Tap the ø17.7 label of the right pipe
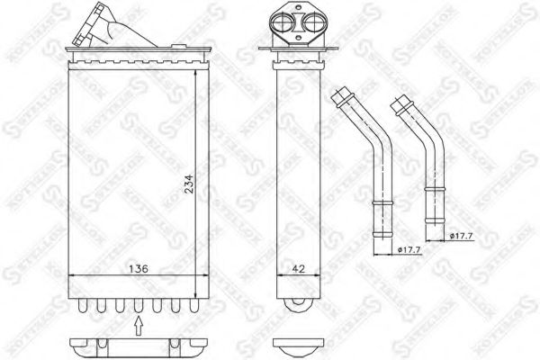(x=460, y=235)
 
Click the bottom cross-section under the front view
(x=135, y=346)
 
